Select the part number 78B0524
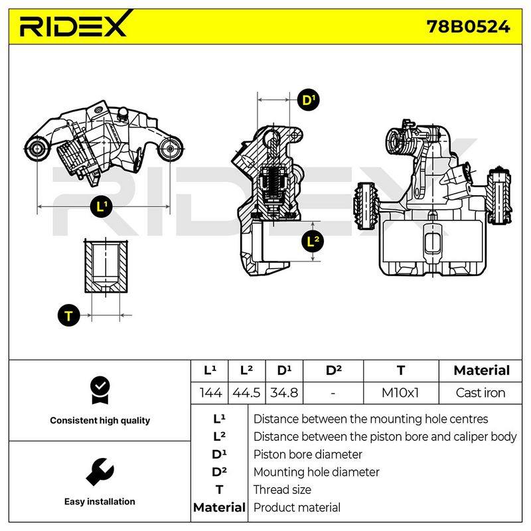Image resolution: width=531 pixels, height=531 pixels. [468, 27]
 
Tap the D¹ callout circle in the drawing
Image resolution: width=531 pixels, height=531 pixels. [308, 100]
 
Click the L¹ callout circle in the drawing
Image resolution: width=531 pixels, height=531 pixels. [102, 206]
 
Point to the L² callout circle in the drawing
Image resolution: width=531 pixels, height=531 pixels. [313, 242]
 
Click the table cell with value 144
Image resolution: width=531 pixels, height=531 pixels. [210, 393]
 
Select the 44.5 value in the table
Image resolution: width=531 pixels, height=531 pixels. [246, 393]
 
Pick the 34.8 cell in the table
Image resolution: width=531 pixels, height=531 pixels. [284, 393]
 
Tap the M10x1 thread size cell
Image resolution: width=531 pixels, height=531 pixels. [400, 393]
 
